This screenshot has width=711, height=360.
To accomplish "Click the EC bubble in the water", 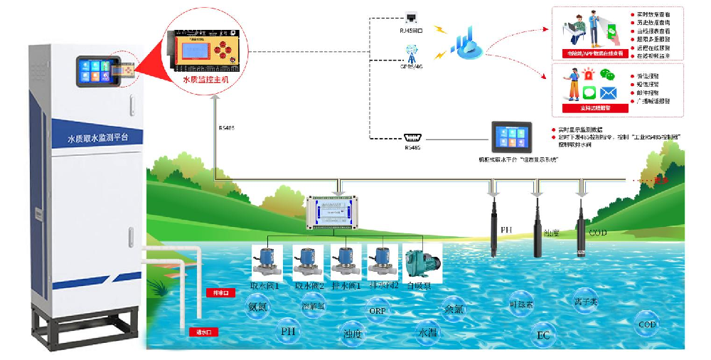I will pyautogui.click(x=543, y=334).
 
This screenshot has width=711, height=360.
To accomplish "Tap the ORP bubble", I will pyautogui.click(x=377, y=310).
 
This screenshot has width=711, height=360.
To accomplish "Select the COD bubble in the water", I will pyautogui.click(x=647, y=324).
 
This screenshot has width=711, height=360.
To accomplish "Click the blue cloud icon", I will pyautogui.click(x=469, y=43).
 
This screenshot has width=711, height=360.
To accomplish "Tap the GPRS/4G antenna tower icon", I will pyautogui.click(x=412, y=53).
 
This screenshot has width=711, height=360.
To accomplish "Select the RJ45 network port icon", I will pyautogui.click(x=412, y=18).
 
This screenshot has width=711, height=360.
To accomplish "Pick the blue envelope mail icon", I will pyautogui.click(x=607, y=93).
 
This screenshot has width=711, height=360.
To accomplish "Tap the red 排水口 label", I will pyautogui.click(x=216, y=292).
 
